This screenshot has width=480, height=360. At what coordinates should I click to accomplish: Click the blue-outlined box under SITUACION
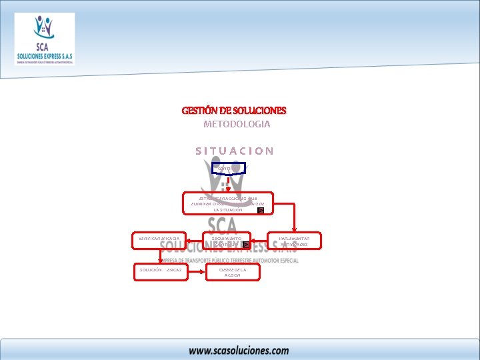pyautogui.click(x=228, y=168)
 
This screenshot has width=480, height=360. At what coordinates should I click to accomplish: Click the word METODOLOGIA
pyautogui.click(x=237, y=125)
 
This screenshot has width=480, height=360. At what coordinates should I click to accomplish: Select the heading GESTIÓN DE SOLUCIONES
pyautogui.click(x=234, y=110)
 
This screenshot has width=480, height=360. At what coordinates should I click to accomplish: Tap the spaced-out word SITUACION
pyautogui.click(x=234, y=151)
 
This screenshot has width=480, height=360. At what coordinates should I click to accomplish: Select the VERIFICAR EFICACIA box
pyautogui.click(x=159, y=240)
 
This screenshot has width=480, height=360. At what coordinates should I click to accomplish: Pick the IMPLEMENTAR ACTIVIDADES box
pyautogui.click(x=294, y=240)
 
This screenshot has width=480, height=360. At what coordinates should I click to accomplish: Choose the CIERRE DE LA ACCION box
pyautogui.click(x=233, y=272)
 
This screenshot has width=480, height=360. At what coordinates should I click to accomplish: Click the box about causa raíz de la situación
pyautogui.click(x=228, y=203)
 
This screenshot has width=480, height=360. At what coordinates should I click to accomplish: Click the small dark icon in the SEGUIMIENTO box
pyautogui.click(x=245, y=245)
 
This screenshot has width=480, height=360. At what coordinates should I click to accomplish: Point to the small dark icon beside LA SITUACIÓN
pyautogui.click(x=261, y=210)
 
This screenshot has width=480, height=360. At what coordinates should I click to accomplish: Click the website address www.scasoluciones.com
pyautogui.click(x=238, y=349)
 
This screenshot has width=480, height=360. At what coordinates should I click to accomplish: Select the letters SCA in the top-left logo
pyautogui.click(x=43, y=48)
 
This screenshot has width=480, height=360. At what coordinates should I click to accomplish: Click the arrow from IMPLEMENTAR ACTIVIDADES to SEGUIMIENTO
pyautogui.click(x=261, y=241)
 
